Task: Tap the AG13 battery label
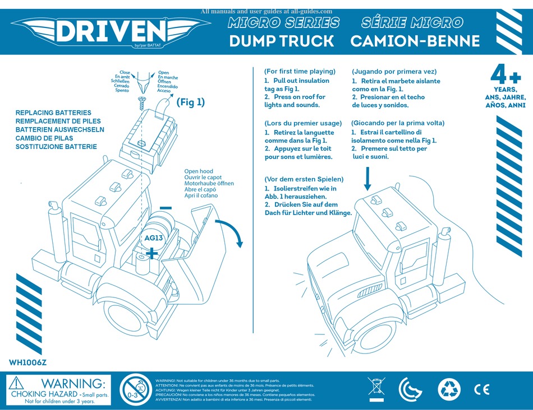153,238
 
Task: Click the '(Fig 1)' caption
191,102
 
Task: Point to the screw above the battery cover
141,101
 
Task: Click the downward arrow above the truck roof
368,180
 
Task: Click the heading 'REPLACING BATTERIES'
53,113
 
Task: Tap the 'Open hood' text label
199,172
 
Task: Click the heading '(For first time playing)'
300,71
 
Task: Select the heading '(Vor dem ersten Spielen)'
304,179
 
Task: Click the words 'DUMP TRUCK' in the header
281,41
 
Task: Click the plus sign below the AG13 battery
151,254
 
